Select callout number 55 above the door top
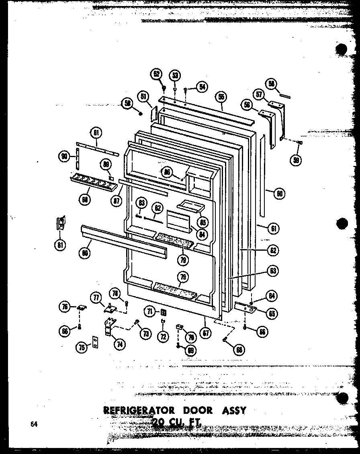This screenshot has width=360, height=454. pyautogui.click(x=221, y=97)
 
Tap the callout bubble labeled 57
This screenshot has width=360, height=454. pyautogui.click(x=259, y=95)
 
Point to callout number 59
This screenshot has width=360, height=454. pyautogui.click(x=297, y=160)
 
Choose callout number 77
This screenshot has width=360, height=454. pyautogui.click(x=96, y=298)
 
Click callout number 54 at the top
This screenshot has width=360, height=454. pyautogui.click(x=202, y=86)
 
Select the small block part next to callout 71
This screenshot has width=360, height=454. pyautogui.click(x=163, y=312)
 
